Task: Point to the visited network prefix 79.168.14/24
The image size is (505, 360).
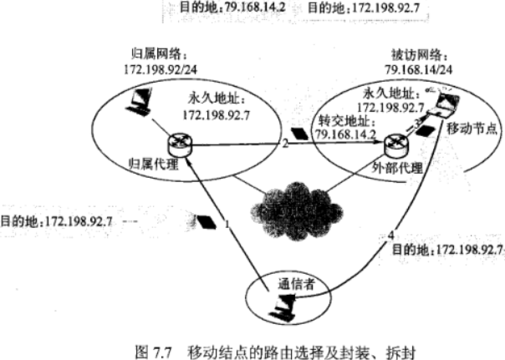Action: click(x=418, y=66)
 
